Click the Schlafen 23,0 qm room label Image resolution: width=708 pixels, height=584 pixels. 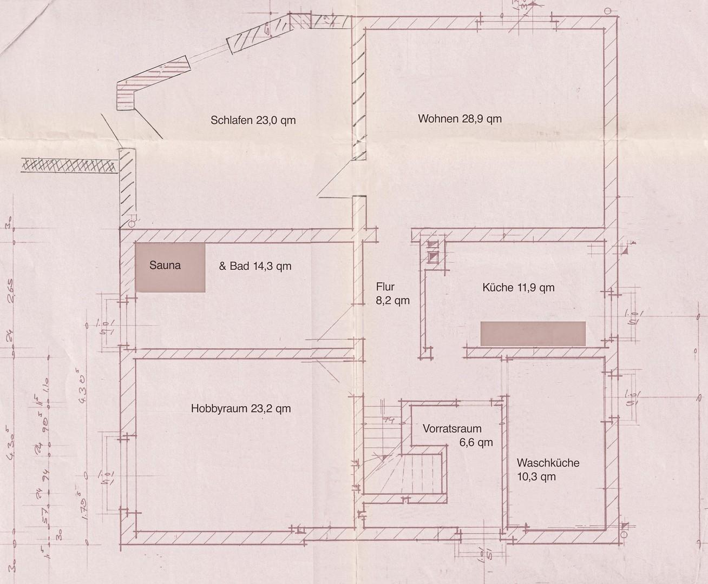[x=253, y=120]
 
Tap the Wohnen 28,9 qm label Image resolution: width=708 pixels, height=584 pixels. [x=460, y=118]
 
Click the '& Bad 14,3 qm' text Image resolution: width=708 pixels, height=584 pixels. [x=255, y=266]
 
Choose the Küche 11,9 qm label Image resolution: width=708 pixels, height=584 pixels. [x=518, y=288]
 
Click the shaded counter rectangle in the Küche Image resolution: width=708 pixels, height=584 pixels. [x=533, y=333]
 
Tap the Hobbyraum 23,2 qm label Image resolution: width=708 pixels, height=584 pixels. [x=241, y=409]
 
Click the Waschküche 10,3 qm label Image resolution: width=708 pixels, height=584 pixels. [x=547, y=469]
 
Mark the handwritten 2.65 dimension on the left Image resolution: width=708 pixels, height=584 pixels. [x=11, y=287]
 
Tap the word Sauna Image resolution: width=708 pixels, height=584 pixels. [x=165, y=266]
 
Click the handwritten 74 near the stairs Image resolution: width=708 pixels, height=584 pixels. [x=388, y=420]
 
